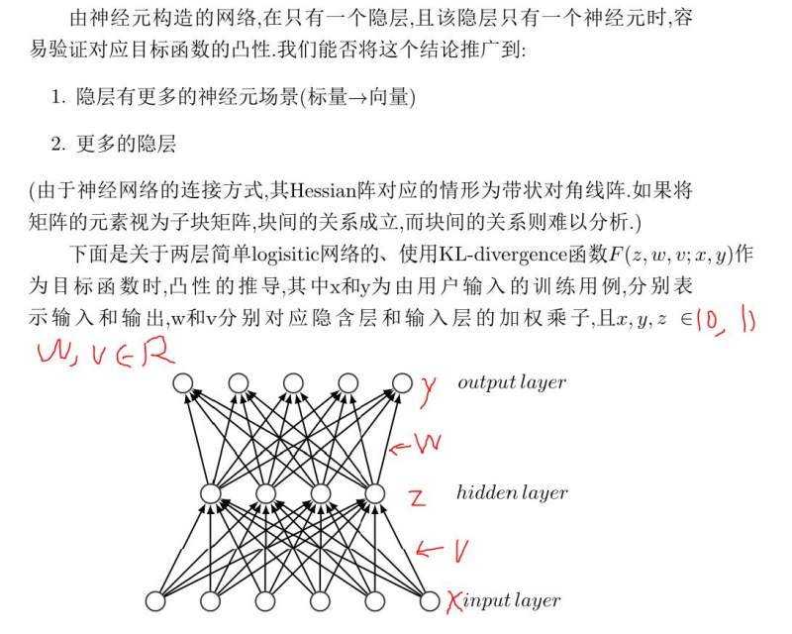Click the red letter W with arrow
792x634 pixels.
416,444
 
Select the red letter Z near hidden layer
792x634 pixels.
418,498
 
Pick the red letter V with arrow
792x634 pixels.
443,551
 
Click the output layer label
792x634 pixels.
512,382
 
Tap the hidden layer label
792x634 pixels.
512,492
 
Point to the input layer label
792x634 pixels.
511,600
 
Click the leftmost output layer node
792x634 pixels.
183,383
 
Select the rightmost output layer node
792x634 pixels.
402,383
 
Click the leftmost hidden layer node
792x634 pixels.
211,493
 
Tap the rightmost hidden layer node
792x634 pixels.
375,493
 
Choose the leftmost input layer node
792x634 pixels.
155,601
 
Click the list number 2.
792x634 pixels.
58,145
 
